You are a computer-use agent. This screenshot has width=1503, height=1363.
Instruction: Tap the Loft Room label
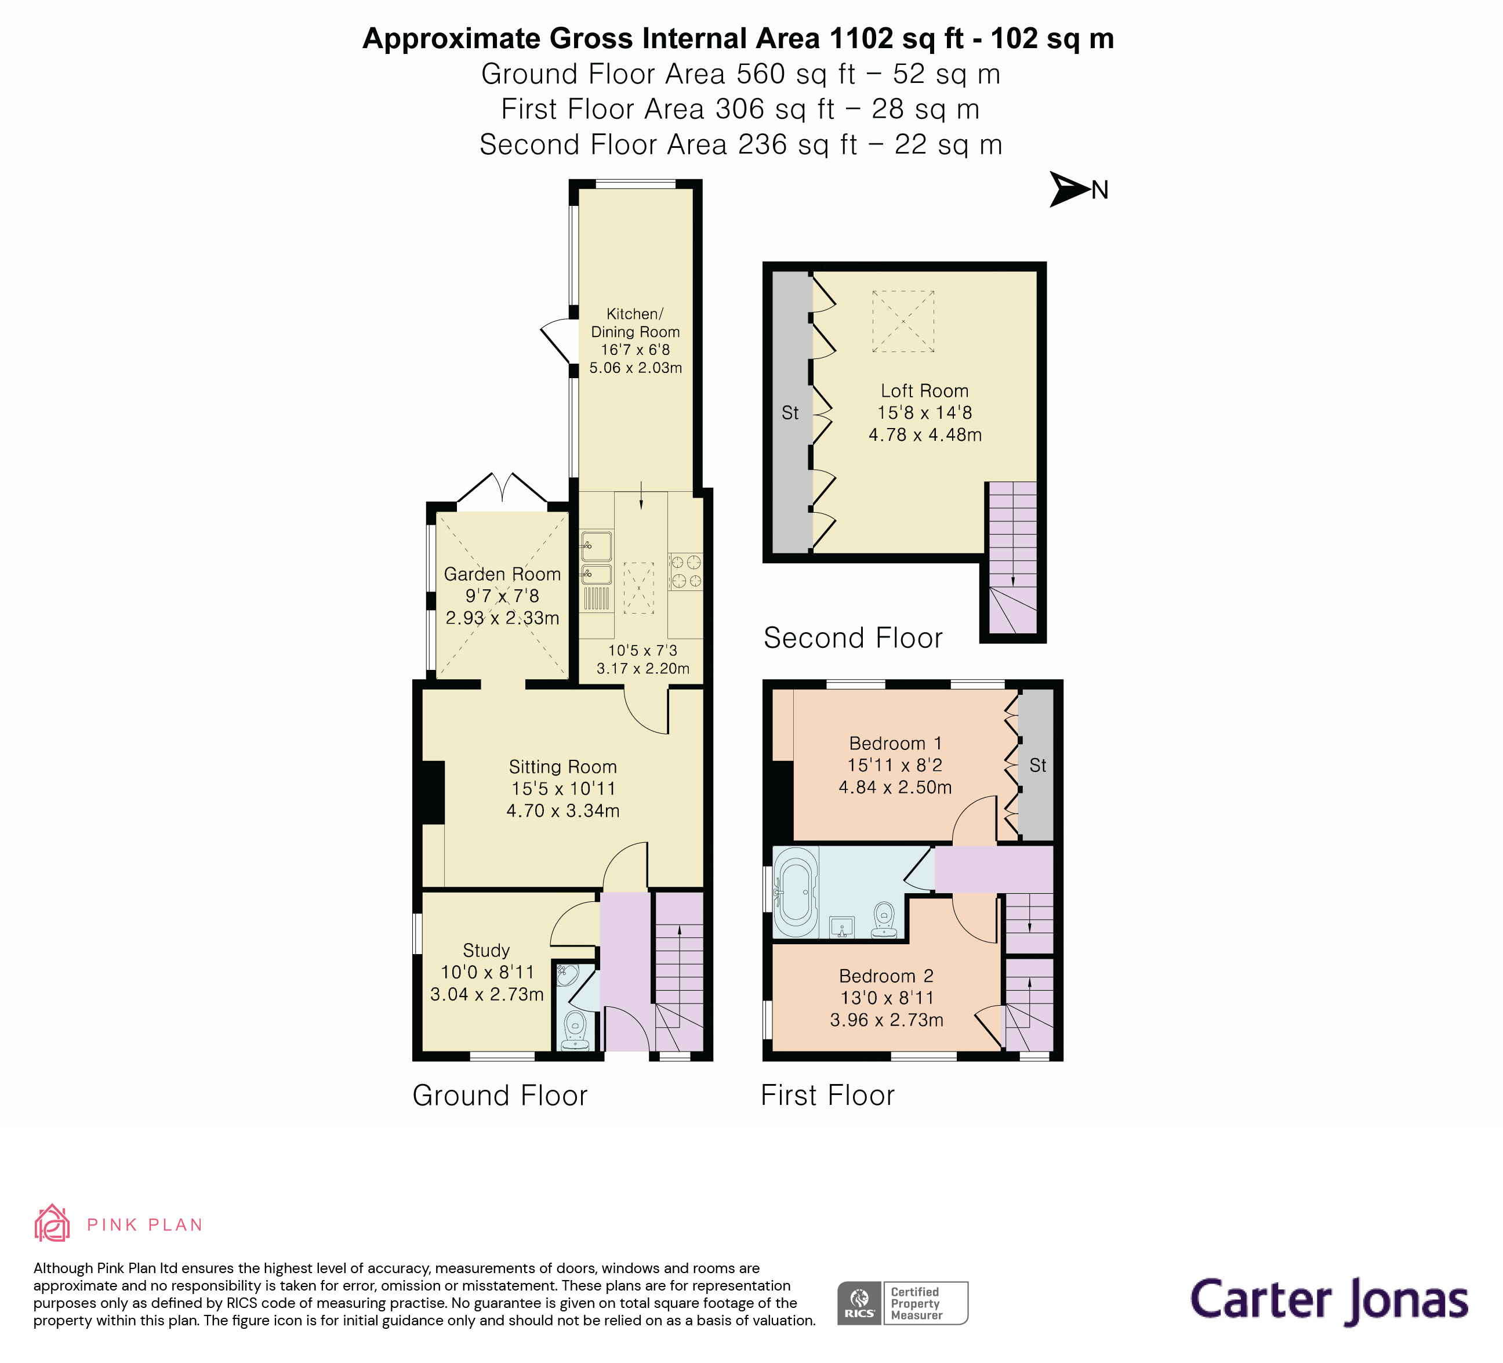tap(924, 391)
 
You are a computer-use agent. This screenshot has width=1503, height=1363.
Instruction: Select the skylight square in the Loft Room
tap(903, 321)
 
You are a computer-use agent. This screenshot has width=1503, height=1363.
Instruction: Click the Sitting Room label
tap(563, 767)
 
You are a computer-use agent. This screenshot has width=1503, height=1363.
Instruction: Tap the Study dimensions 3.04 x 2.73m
tap(487, 994)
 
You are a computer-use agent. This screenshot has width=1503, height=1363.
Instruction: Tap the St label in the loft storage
tap(790, 412)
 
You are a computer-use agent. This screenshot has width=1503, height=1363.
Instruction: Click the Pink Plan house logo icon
tap(52, 1224)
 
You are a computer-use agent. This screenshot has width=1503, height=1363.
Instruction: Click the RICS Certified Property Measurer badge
tap(902, 1303)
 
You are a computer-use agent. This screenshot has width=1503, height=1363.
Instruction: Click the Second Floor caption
tap(853, 637)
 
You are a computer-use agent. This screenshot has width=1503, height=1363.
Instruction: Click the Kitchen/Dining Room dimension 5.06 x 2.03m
tap(635, 368)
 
